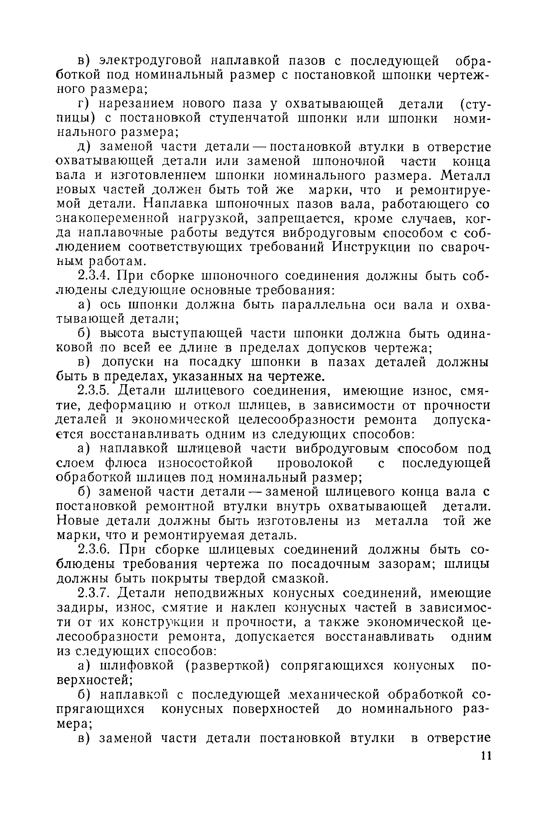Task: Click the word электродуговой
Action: tap(151, 61)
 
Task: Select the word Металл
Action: tap(465, 176)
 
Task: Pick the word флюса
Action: tap(125, 463)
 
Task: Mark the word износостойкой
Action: tap(206, 463)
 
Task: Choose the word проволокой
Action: tap(315, 463)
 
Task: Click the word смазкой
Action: tap(300, 578)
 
